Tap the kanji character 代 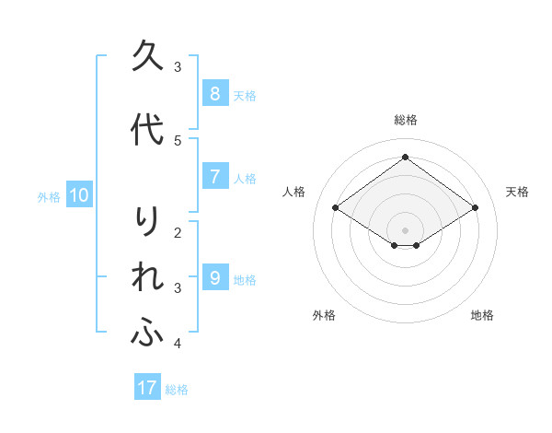point(148,130)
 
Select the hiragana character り point(148,222)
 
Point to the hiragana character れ point(148,278)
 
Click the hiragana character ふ point(148,334)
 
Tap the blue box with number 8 point(214,93)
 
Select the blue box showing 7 point(214,177)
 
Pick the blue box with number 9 point(214,277)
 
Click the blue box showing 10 point(78,195)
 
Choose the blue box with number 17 point(147,388)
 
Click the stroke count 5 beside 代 point(178,140)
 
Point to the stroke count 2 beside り point(178,232)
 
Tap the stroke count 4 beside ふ point(178,344)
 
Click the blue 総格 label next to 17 point(177,390)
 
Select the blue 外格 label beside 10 point(49,196)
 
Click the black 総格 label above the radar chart point(405,120)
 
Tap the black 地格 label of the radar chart point(482,315)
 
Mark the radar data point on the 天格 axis point(475,208)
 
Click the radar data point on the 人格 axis point(336,208)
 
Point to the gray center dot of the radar point(405,229)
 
